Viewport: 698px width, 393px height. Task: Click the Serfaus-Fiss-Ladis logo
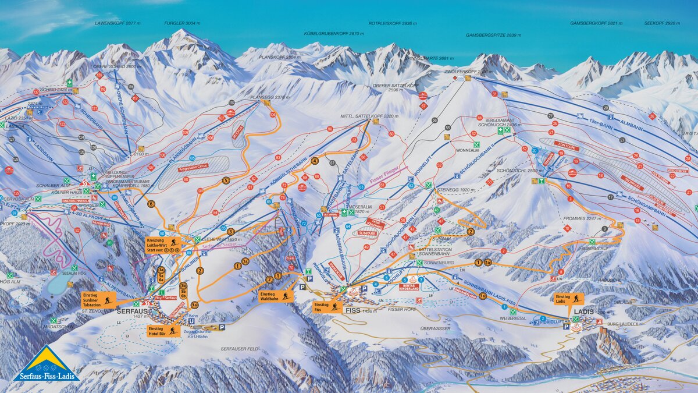(x=46, y=364)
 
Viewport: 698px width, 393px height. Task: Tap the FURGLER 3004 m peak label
(x=181, y=23)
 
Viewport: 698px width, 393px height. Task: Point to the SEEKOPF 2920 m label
(x=662, y=23)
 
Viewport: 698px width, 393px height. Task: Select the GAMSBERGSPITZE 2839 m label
(x=493, y=35)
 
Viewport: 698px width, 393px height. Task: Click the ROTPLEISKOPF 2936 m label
(x=393, y=23)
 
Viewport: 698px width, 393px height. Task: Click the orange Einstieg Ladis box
(x=568, y=299)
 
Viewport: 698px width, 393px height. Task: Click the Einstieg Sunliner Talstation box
(x=99, y=299)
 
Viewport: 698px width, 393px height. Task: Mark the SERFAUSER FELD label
(x=238, y=348)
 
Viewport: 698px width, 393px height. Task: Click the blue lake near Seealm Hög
(x=58, y=284)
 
